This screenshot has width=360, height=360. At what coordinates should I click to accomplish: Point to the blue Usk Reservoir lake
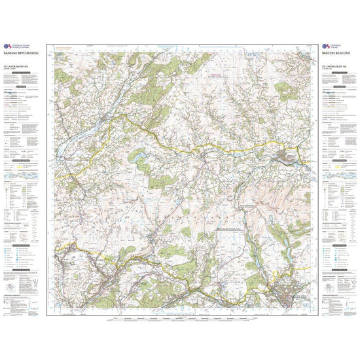(x=139, y=156)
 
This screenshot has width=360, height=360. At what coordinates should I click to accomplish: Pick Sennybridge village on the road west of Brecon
(x=208, y=155)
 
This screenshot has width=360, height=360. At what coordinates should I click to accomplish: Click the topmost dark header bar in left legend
(x=25, y=86)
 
